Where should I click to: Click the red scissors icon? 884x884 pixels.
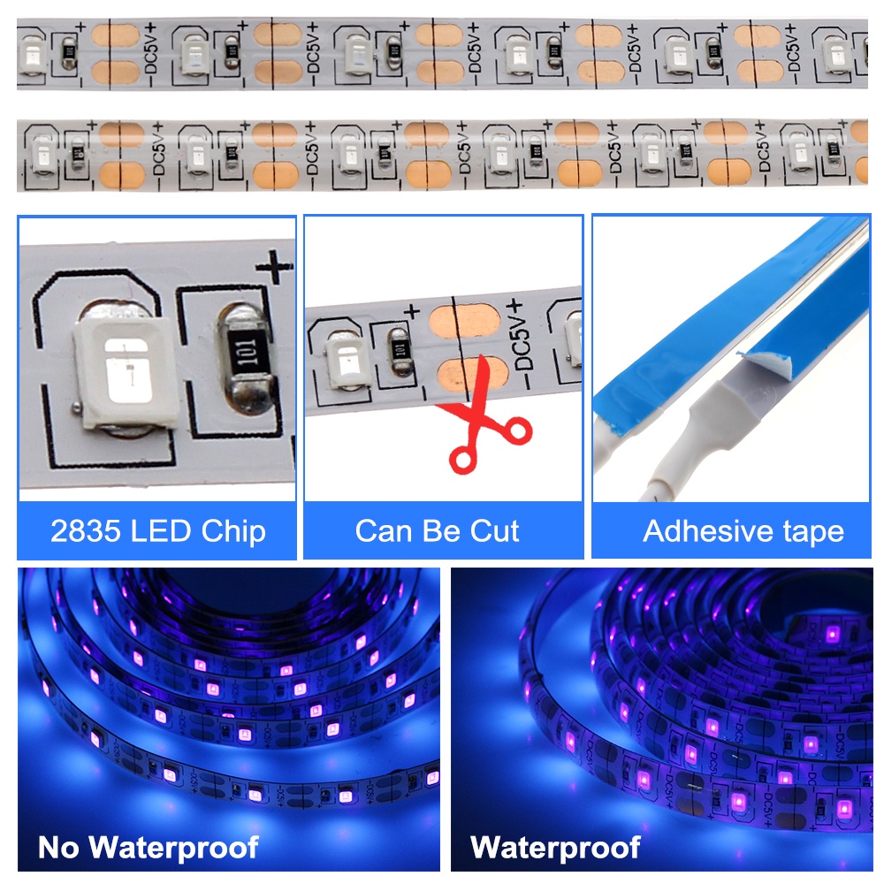[x=484, y=423]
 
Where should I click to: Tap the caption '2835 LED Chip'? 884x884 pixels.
[x=157, y=531]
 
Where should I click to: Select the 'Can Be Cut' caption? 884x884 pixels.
[x=437, y=531]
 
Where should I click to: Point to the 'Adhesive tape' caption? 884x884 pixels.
[x=743, y=531]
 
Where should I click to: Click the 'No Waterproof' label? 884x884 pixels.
[x=148, y=848]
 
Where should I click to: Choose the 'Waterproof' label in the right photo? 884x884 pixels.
[x=555, y=848]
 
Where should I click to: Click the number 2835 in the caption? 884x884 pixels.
[x=83, y=531]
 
